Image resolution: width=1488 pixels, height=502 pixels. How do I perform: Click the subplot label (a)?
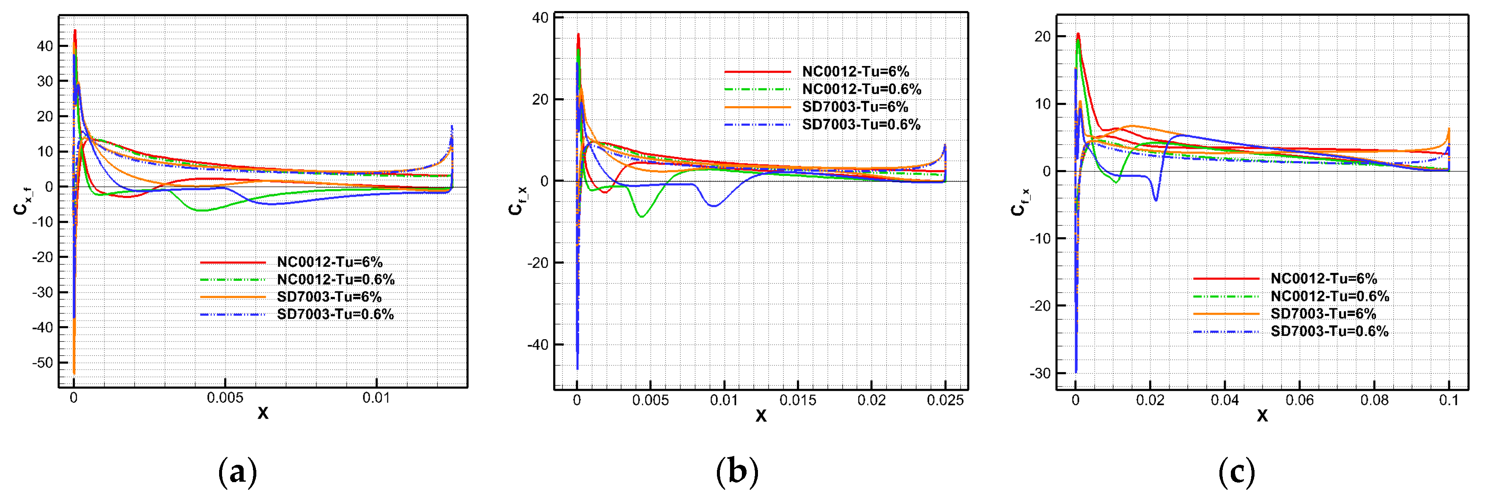click(x=237, y=472)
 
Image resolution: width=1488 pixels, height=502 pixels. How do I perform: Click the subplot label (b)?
click(x=737, y=472)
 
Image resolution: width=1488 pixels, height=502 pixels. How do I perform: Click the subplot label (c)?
click(x=1236, y=472)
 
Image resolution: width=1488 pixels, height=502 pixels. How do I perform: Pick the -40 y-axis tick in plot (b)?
click(x=537, y=345)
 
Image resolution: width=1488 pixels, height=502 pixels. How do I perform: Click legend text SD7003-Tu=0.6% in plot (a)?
click(x=335, y=314)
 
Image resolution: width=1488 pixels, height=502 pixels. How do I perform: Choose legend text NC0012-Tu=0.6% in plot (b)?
click(x=861, y=89)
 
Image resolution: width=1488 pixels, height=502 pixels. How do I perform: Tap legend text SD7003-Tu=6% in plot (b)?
click(x=855, y=107)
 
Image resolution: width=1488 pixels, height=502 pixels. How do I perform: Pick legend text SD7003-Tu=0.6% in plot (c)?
click(x=1329, y=331)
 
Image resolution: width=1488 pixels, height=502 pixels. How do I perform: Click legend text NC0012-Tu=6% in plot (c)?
click(x=1323, y=278)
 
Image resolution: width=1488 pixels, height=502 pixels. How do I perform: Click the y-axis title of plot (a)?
click(x=22, y=199)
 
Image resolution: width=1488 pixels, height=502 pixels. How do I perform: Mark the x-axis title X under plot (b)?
click(x=761, y=415)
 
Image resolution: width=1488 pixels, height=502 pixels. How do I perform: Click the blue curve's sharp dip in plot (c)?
click(x=1155, y=199)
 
